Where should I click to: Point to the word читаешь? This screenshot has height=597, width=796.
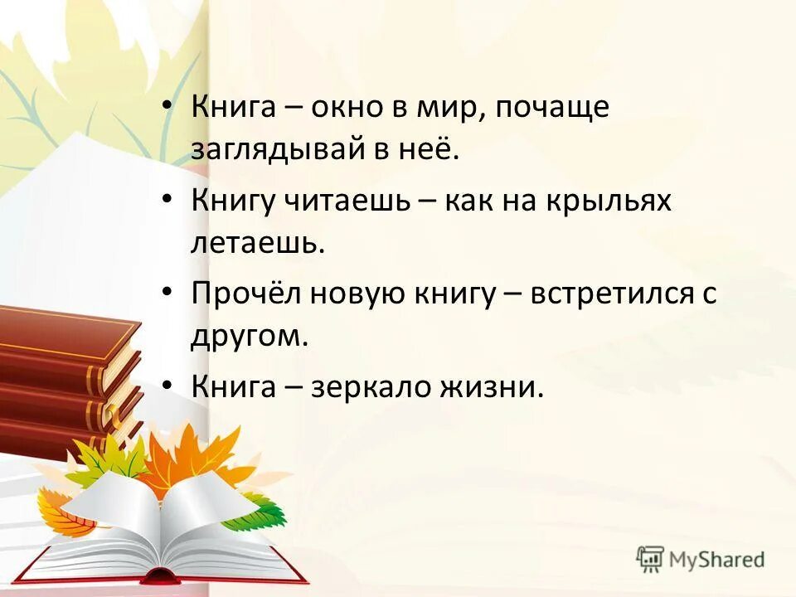tap(362, 201)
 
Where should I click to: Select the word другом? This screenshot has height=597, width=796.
tap(249, 337)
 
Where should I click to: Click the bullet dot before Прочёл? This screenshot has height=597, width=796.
tap(167, 294)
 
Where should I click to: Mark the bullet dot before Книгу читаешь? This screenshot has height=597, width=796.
tap(167, 200)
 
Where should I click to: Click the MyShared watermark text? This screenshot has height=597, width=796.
tap(718, 560)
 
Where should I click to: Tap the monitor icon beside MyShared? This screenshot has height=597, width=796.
tap(651, 559)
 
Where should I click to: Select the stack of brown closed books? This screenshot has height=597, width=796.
tap(66, 373)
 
